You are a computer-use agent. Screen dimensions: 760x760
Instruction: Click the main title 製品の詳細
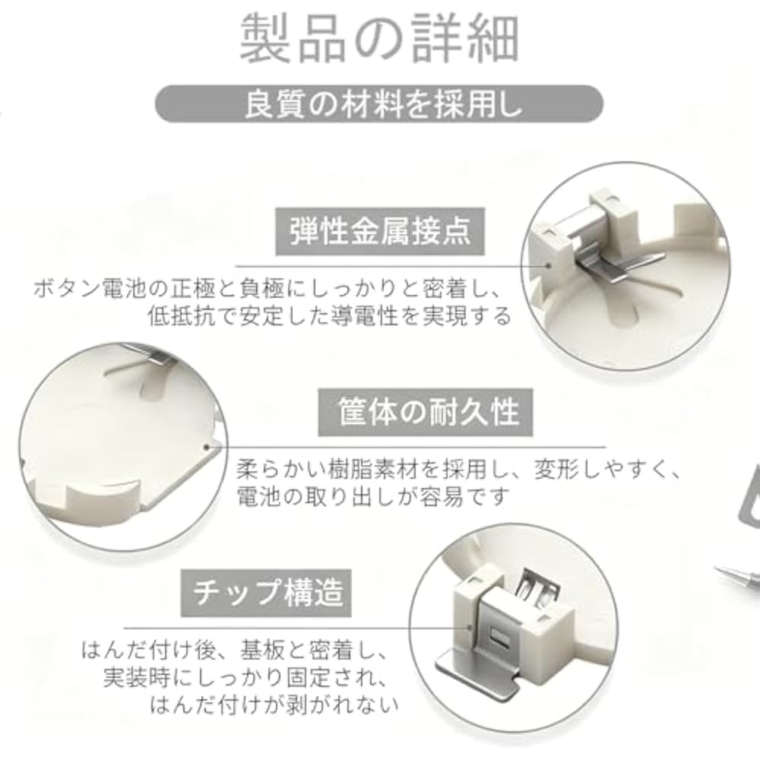click(379, 39)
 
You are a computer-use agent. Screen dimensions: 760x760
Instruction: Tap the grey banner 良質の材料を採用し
click(379, 103)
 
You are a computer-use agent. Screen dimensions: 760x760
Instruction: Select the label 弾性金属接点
click(380, 232)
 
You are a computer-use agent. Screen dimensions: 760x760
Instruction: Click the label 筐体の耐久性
click(425, 412)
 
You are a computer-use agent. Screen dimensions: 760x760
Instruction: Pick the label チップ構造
click(266, 593)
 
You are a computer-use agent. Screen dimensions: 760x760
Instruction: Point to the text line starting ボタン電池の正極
click(268, 289)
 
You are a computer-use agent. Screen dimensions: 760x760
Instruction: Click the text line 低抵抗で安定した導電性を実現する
click(330, 316)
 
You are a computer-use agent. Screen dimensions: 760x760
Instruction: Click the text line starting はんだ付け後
click(235, 651)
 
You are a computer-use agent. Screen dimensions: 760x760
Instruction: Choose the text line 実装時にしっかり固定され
click(245, 678)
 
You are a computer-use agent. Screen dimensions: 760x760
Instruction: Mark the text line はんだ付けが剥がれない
click(274, 705)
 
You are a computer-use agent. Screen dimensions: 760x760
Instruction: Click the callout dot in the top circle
click(549, 265)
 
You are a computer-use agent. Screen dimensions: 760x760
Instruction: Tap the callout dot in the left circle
click(207, 448)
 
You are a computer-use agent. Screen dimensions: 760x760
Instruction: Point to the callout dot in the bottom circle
click(469, 629)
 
